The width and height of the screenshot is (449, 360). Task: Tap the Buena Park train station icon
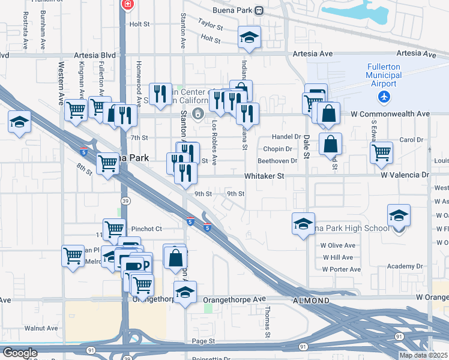[x=259, y=10]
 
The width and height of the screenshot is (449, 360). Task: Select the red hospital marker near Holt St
[x=127, y=5]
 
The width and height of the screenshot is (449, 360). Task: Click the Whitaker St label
[x=264, y=176]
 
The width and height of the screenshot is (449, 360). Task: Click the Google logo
[x=19, y=353]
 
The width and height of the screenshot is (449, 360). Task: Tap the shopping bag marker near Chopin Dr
[x=330, y=144]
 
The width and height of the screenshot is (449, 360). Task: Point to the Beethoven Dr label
[x=277, y=161]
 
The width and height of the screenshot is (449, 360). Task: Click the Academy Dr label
[x=405, y=266]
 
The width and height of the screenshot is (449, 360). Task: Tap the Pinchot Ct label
[x=146, y=229]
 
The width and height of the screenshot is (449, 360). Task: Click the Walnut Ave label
[x=41, y=328]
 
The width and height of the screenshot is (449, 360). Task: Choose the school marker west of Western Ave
[x=20, y=122]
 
